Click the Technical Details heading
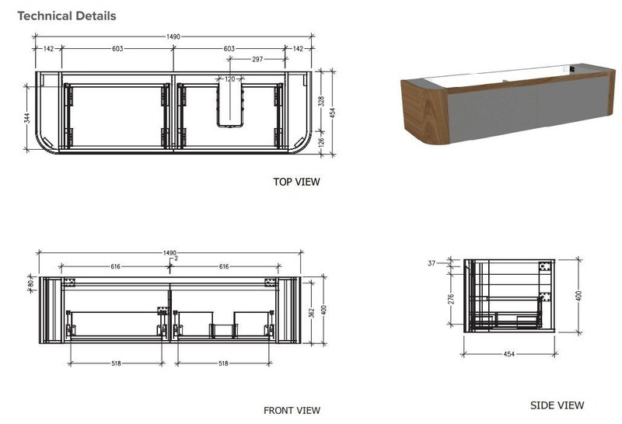click(66, 16)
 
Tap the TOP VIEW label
click(296, 182)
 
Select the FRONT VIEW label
click(292, 411)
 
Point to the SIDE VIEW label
click(557, 405)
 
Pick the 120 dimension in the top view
click(230, 79)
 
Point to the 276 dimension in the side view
click(451, 300)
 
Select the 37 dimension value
click(433, 264)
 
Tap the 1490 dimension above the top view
click(173, 36)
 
